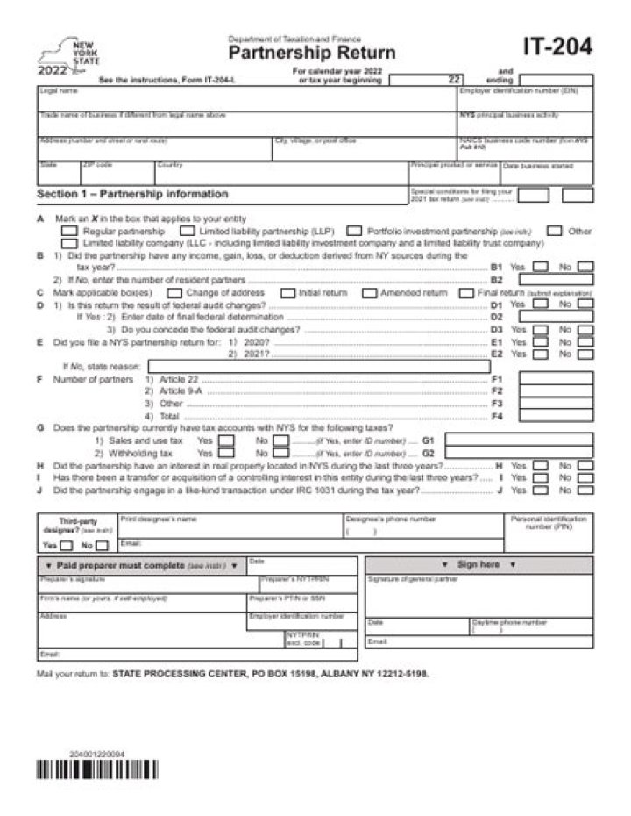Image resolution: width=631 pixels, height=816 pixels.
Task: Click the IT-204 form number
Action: tap(557, 47)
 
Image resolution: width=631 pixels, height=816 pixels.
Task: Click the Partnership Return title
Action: tap(312, 53)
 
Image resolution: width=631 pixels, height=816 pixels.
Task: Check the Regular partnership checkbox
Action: tap(69, 231)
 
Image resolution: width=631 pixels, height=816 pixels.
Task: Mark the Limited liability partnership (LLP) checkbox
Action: tap(187, 231)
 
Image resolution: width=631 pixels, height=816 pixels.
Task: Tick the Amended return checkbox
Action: tap(369, 292)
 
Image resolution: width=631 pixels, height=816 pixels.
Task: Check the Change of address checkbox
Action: tap(174, 292)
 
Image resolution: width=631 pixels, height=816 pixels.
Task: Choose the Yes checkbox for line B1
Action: tap(542, 267)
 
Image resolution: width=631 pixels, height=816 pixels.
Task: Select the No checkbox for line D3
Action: tap(585, 330)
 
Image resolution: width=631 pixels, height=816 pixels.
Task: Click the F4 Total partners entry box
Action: tap(555, 416)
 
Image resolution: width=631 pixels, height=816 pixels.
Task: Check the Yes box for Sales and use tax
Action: tap(226, 440)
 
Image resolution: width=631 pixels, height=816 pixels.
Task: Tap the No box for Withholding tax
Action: tap(281, 454)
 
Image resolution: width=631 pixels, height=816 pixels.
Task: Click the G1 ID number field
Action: tap(517, 440)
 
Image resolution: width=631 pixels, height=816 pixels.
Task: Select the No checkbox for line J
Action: tap(585, 490)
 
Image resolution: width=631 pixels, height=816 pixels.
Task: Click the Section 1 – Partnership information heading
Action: tap(132, 194)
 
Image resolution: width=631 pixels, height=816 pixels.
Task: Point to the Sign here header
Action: tap(478, 564)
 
